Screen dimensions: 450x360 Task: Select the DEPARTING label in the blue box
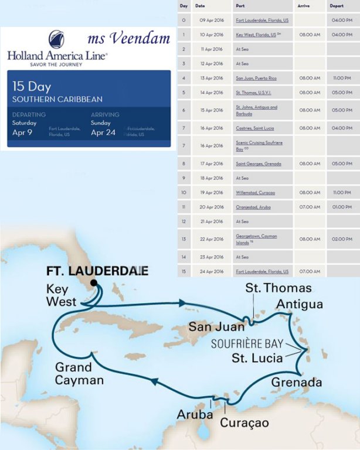pyautogui.click(x=29, y=115)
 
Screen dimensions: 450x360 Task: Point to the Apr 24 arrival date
pyautogui.click(x=105, y=132)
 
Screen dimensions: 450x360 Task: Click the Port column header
pyautogui.click(x=240, y=6)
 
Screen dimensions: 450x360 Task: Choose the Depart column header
pyautogui.click(x=337, y=6)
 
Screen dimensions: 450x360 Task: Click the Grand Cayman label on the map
pyautogui.click(x=73, y=374)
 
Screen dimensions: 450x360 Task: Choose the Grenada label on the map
pyautogui.click(x=297, y=383)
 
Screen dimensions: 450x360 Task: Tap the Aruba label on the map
pyautogui.click(x=195, y=414)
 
